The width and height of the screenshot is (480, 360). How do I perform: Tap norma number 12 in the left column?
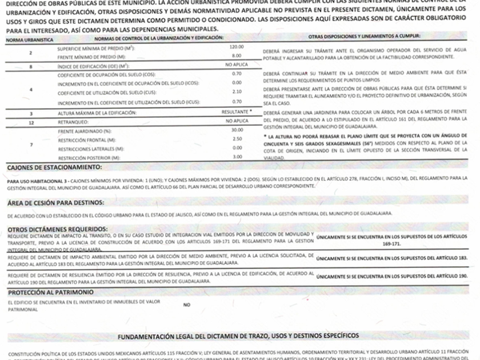pyautogui.click(x=31, y=122)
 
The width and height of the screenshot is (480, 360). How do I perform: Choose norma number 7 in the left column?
pyautogui.click(x=31, y=143)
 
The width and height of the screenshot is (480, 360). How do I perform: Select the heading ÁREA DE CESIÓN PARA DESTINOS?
pyautogui.click(x=55, y=203)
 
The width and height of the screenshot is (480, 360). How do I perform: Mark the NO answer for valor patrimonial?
pyautogui.click(x=186, y=305)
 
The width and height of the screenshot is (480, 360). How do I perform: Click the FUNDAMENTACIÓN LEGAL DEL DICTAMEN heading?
pyautogui.click(x=238, y=334)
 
